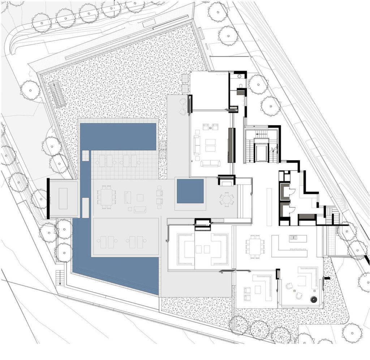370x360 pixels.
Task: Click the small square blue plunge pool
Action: (x=190, y=191)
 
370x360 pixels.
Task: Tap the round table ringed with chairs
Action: (x=227, y=199)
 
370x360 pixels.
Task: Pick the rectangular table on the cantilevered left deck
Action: (x=63, y=198)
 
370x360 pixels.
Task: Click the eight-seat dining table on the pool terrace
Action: (x=106, y=197)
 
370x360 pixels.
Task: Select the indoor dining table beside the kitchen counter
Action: (x=255, y=246)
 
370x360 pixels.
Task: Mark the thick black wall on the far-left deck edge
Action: (x=48, y=198)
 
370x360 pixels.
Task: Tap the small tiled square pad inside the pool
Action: (x=86, y=156)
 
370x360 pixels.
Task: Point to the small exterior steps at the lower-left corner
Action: (x=60, y=277)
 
